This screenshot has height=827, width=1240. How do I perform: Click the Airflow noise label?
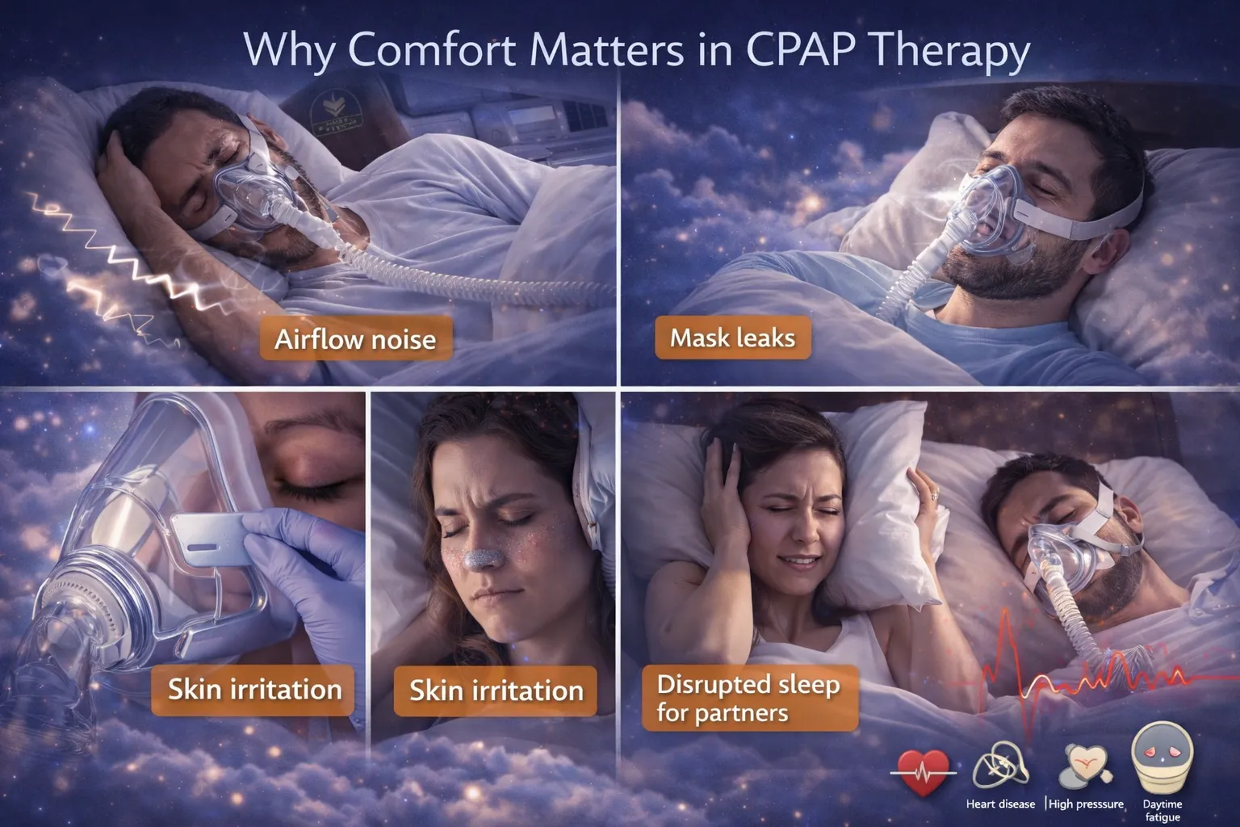(356, 338)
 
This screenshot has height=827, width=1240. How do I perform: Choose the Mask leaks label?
(733, 338)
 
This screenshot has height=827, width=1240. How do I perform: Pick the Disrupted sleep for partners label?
(750, 699)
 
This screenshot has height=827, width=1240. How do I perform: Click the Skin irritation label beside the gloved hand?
(253, 691)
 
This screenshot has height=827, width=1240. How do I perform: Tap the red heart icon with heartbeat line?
(923, 772)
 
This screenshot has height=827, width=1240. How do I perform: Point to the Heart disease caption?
(1000, 804)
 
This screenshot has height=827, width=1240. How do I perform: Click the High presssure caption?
(1086, 804)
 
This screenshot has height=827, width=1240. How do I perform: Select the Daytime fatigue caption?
(1162, 810)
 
